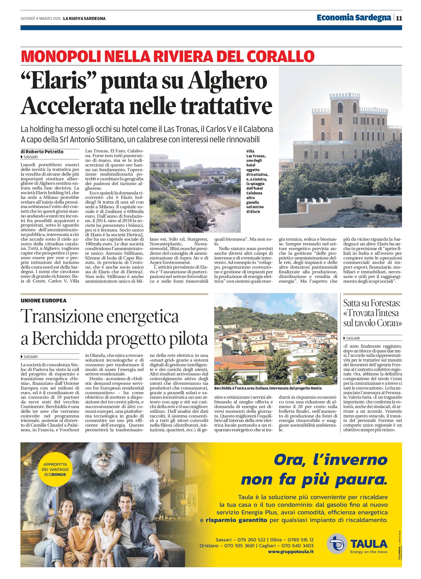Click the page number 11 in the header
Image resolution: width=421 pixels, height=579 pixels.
click(x=399, y=18)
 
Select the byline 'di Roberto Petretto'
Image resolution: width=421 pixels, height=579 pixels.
click(x=42, y=152)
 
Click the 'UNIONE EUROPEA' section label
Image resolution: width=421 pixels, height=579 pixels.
click(x=43, y=301)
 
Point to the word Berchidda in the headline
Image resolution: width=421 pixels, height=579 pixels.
click(x=67, y=339)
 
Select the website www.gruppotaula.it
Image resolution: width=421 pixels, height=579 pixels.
click(x=291, y=552)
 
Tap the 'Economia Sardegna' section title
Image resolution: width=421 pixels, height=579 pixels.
click(x=354, y=18)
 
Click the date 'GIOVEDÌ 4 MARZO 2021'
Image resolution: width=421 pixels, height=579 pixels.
click(x=41, y=18)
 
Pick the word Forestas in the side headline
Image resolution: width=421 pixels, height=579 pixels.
click(x=386, y=303)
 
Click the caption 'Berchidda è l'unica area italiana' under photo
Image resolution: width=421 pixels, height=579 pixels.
click(x=268, y=388)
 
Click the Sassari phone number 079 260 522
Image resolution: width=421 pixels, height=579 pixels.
click(x=251, y=540)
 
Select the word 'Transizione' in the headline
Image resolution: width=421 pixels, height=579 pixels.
click(x=62, y=316)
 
